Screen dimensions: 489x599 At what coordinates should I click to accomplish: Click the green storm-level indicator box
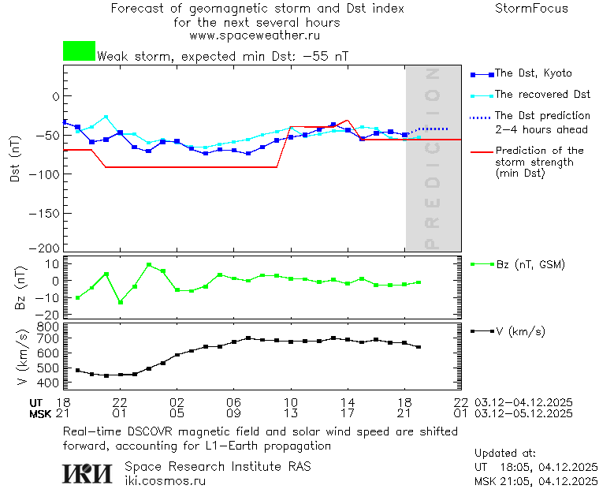coord(79,51)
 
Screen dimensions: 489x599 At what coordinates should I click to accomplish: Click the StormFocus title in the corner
coord(531,9)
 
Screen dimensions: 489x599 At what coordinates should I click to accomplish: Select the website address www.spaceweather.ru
coord(255,35)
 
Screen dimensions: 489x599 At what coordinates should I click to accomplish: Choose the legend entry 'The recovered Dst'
coord(542,94)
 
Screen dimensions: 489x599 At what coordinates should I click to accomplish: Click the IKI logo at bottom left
coord(87,473)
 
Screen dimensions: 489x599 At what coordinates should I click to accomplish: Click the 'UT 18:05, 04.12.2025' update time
coord(536,467)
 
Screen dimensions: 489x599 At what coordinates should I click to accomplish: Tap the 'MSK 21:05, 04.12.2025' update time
coord(536,480)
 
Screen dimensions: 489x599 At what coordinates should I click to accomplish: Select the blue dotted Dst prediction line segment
coord(433,129)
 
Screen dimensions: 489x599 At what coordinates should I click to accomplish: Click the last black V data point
coord(419,347)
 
